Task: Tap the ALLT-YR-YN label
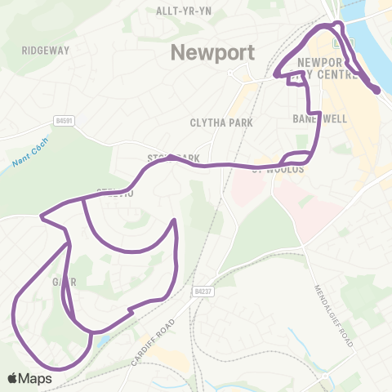tap(185, 11)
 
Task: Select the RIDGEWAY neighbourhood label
tap(47, 50)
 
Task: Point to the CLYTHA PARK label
tap(221, 122)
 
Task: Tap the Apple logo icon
tap(13, 378)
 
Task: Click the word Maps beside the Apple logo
tap(36, 378)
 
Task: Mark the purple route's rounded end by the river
tap(376, 91)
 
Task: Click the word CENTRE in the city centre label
tap(339, 76)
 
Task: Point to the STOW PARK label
tap(174, 157)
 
